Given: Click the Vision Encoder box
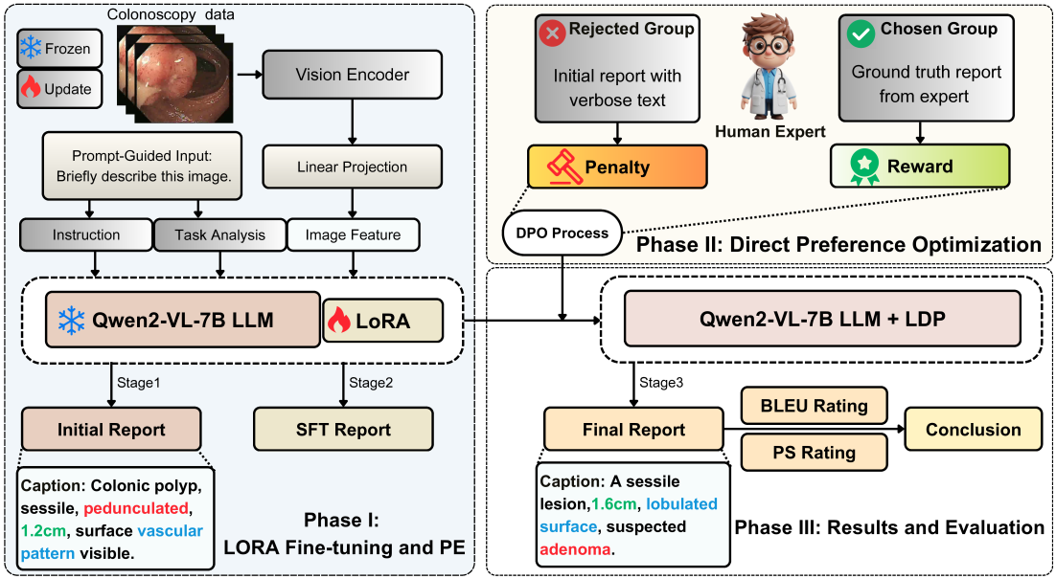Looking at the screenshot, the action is point(353,74).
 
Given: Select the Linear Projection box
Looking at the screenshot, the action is point(353,167).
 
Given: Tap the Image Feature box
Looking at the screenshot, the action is point(353,234).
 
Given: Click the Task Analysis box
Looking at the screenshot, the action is point(220,234).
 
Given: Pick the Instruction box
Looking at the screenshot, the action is point(86,234).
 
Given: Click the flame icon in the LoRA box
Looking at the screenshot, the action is point(339,321).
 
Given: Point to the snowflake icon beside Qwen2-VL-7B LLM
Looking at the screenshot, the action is point(71,320).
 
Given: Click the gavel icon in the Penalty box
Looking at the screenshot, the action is point(564,167).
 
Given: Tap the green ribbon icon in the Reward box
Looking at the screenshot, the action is point(863,167).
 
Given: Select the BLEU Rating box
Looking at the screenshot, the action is point(814,406).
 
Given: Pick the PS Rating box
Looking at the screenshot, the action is point(814,453).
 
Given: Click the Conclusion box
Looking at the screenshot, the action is point(974,429).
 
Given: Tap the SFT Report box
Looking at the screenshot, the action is point(343,429).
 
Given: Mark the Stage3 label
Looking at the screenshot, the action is point(662,383).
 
